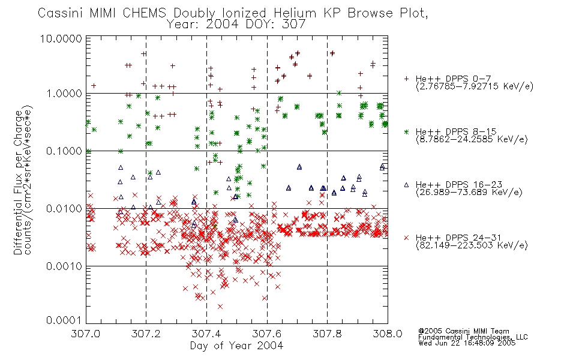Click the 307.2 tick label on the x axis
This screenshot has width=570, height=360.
point(146,334)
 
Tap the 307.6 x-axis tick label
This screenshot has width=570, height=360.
point(267,334)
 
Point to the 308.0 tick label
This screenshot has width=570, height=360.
point(388,334)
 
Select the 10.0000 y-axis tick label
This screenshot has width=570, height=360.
point(61,38)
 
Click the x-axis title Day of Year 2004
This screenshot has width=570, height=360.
point(236,346)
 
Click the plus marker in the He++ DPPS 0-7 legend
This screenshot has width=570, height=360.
point(406,79)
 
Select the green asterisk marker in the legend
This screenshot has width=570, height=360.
point(406,131)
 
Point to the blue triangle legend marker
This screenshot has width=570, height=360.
point(406,185)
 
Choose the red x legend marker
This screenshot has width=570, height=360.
point(406,238)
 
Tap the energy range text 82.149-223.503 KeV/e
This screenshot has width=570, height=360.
point(472,245)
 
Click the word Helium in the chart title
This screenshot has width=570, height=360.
point(295,13)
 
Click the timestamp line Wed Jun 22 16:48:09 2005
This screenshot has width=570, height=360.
point(467,343)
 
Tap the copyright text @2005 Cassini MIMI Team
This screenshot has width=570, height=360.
point(463,331)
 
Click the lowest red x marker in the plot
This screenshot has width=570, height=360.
point(220,307)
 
